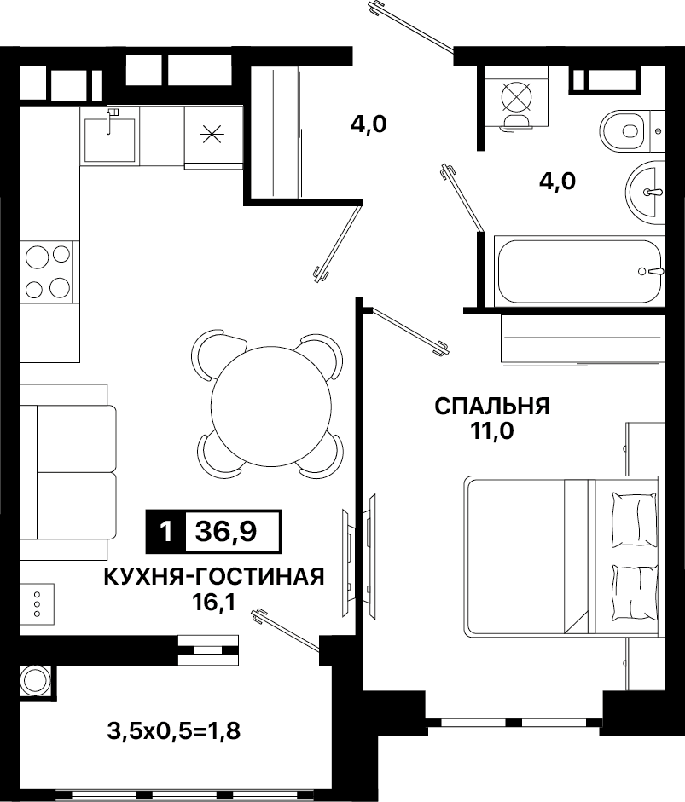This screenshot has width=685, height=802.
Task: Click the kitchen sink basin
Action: [110, 140]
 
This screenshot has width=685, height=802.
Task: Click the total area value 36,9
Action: [226, 532]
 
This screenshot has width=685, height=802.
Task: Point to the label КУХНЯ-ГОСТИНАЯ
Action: [214, 576]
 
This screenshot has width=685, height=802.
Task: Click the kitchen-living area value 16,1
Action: [214, 603]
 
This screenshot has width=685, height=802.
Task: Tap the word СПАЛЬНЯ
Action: [492, 407]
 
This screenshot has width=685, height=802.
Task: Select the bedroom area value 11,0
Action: [492, 432]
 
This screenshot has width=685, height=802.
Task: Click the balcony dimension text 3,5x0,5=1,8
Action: [174, 731]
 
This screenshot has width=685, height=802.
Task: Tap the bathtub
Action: [579, 271]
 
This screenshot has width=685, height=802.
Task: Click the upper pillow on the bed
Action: [634, 519]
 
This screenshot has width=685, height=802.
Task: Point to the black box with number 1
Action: [165, 532]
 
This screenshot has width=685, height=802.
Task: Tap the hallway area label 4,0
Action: [369, 124]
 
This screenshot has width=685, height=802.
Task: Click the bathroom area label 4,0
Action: [557, 181]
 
